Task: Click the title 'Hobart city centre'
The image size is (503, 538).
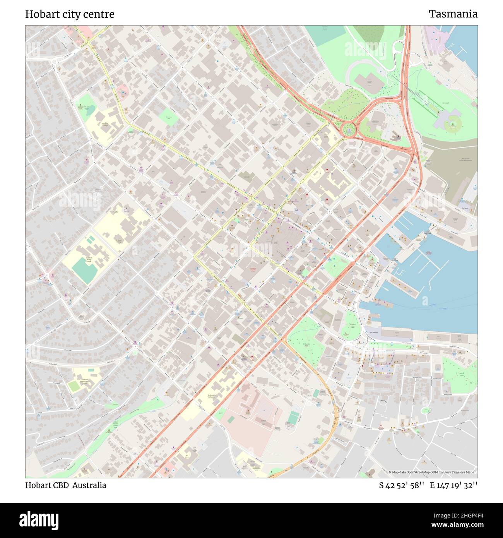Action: (70, 14)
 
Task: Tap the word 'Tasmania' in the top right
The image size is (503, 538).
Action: (453, 14)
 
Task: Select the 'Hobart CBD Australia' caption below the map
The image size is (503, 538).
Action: (66, 485)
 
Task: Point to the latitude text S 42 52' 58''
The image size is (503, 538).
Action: (402, 485)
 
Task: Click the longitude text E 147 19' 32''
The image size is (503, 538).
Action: (453, 485)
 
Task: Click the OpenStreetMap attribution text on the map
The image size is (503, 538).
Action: (433, 472)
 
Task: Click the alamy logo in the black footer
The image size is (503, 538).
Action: (39, 520)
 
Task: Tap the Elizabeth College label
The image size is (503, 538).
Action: (105, 125)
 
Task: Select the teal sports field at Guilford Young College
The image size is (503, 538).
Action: (85, 270)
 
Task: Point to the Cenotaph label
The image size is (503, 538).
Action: (445, 103)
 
